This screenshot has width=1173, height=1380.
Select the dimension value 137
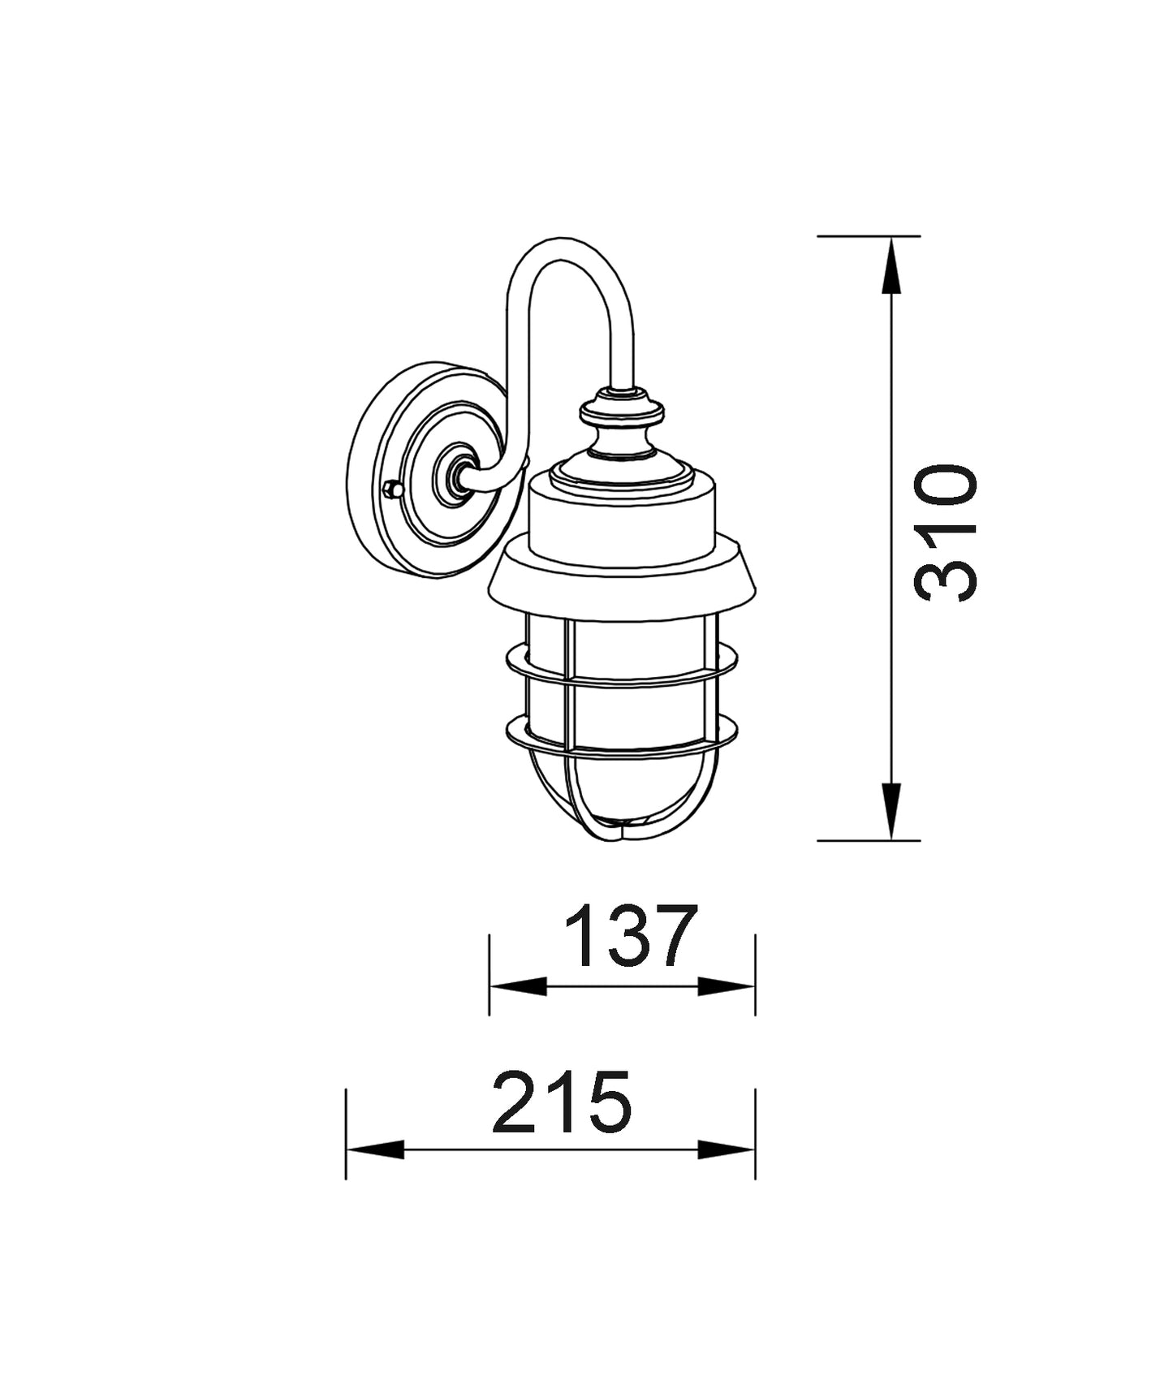[631, 936]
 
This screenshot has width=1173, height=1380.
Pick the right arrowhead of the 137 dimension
[727, 986]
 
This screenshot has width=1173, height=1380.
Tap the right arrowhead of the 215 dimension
[727, 1149]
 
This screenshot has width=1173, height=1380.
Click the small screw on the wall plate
[392, 489]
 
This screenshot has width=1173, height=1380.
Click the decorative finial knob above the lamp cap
[623, 412]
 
